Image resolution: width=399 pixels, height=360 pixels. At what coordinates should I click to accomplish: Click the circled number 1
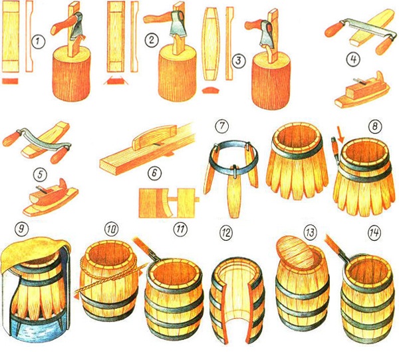(38, 41)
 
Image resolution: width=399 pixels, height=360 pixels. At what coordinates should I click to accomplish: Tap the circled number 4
(354, 59)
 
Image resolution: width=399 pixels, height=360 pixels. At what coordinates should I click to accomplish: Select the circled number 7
(222, 126)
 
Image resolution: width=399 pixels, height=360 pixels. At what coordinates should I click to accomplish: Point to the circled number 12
(225, 232)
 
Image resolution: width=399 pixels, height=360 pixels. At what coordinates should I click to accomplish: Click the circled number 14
(374, 232)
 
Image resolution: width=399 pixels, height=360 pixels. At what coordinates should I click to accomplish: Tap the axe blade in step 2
(178, 25)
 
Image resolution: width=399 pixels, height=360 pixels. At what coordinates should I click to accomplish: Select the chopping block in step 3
(271, 81)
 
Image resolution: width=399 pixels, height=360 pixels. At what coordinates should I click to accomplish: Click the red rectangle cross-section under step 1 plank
(10, 81)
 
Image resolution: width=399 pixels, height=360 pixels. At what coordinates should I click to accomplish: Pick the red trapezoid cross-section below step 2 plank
(116, 81)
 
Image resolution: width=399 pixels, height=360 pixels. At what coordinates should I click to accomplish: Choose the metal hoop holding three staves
(233, 156)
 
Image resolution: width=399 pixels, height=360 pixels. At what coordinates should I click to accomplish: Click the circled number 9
(22, 228)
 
